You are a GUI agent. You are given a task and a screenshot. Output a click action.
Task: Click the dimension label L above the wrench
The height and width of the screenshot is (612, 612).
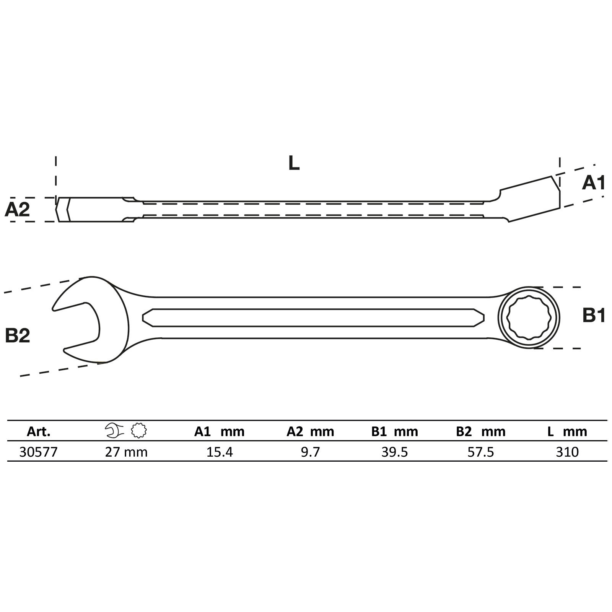click(x=294, y=163)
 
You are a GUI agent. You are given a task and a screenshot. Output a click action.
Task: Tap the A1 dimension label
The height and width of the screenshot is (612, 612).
click(x=593, y=183)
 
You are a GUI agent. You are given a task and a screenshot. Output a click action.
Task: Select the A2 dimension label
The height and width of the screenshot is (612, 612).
click(x=17, y=210)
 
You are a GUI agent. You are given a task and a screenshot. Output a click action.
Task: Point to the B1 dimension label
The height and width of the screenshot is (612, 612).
click(x=594, y=316)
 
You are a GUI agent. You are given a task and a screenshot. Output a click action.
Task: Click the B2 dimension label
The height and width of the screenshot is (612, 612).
click(x=18, y=336)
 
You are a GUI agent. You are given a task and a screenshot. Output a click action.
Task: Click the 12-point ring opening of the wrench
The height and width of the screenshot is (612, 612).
click(x=529, y=317)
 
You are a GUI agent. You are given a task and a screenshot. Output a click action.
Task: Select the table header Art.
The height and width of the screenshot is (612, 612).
click(x=39, y=432)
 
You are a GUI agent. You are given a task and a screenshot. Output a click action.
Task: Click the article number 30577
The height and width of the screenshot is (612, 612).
click(x=38, y=452)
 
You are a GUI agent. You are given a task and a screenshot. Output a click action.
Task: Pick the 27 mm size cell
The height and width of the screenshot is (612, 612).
click(x=126, y=452)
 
